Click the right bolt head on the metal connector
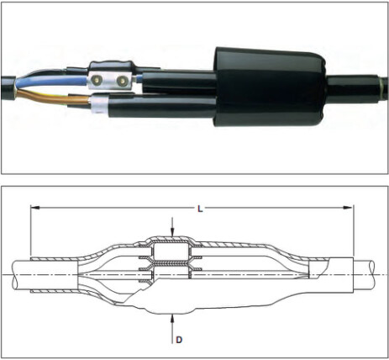coord(122,81)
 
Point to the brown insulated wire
coord(50,98)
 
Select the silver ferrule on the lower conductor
coord(100,104)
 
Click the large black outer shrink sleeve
coord(270,87)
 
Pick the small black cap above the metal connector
coord(112,66)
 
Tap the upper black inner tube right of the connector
coord(179,82)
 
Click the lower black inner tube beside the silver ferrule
coord(162,107)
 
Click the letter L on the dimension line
coord(200,209)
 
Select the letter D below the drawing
coord(179,340)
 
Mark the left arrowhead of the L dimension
coord(35,208)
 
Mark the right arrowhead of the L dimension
coord(348,208)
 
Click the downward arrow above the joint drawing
coord(172,226)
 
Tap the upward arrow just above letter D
coord(172,329)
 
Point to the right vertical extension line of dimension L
coord(354,231)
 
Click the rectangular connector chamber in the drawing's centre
coord(171,252)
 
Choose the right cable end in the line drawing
coord(364,275)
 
